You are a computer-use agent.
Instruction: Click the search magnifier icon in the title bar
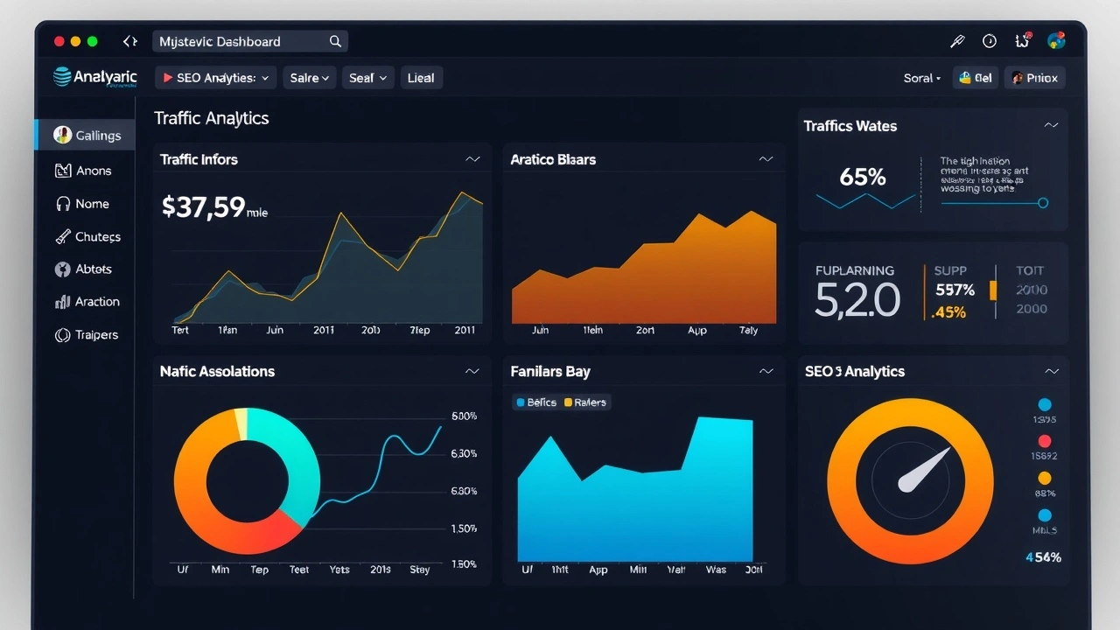pyautogui.click(x=335, y=41)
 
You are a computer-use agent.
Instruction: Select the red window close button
pyautogui.click(x=59, y=41)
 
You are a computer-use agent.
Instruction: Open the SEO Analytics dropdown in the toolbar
pyautogui.click(x=216, y=78)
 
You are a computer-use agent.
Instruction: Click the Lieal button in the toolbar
pyautogui.click(x=421, y=78)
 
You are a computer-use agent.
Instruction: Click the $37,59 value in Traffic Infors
pyautogui.click(x=203, y=207)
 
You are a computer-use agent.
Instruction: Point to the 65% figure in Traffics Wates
pyautogui.click(x=863, y=178)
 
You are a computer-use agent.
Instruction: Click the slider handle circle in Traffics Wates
pyautogui.click(x=1042, y=203)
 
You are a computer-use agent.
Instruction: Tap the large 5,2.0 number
pyautogui.click(x=857, y=300)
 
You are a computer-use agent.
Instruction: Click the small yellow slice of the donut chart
pyautogui.click(x=241, y=423)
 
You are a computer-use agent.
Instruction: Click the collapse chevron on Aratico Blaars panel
pyautogui.click(x=766, y=159)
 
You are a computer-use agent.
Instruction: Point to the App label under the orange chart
pyautogui.click(x=697, y=331)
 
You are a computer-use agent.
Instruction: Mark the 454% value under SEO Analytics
pyautogui.click(x=1043, y=557)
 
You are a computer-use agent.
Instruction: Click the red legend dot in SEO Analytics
pyautogui.click(x=1044, y=442)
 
